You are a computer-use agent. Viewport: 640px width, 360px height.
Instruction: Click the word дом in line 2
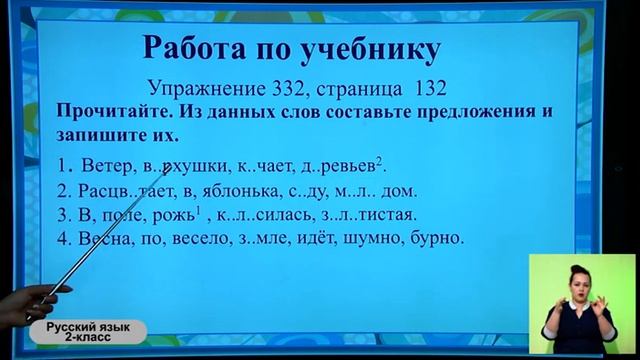point(395,190)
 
